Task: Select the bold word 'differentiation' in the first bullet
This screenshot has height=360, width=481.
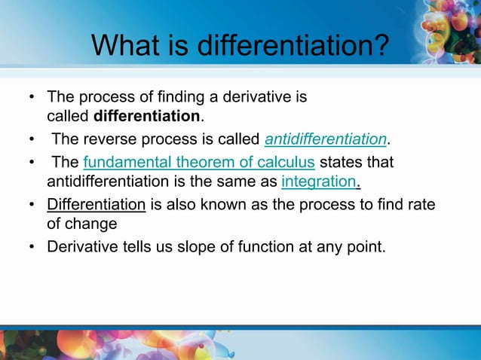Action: [x=147, y=117]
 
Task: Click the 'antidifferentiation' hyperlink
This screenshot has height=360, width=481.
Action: [x=326, y=139]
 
